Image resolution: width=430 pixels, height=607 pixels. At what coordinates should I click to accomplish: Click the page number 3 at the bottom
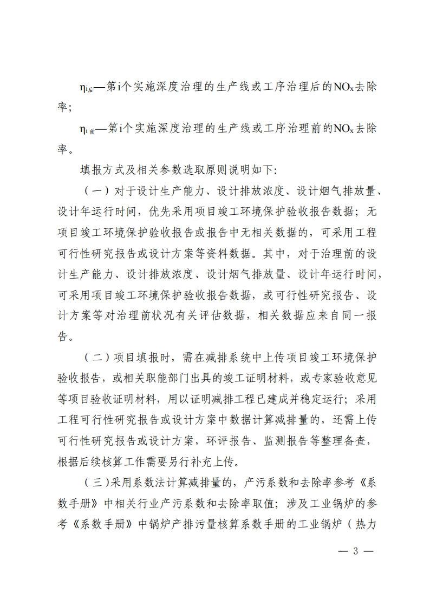pyautogui.click(x=356, y=552)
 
